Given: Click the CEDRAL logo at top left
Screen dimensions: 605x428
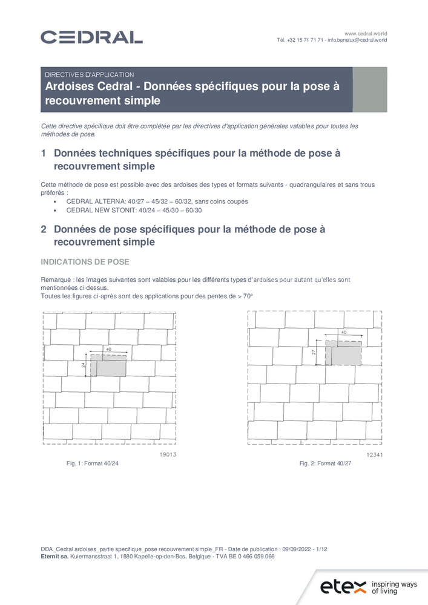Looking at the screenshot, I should coord(91,37).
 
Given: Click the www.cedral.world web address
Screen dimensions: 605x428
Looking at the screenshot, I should coord(366,33).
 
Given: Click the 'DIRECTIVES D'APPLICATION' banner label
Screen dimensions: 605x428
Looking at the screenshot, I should coord(90,74).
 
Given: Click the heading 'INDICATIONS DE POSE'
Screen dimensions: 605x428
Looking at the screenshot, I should coord(84,262).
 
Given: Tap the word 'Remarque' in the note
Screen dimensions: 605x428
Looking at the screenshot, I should coord(55,280).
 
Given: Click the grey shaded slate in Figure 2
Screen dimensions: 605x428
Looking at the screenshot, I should coord(346,353).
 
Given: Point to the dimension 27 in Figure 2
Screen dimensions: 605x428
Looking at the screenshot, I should coord(314,353).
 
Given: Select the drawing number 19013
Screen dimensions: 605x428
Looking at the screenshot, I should coord(166,454).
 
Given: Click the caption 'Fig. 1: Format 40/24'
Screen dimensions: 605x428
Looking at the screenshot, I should coord(92,463).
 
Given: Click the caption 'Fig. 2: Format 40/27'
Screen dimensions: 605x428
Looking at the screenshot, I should coord(325,463).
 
